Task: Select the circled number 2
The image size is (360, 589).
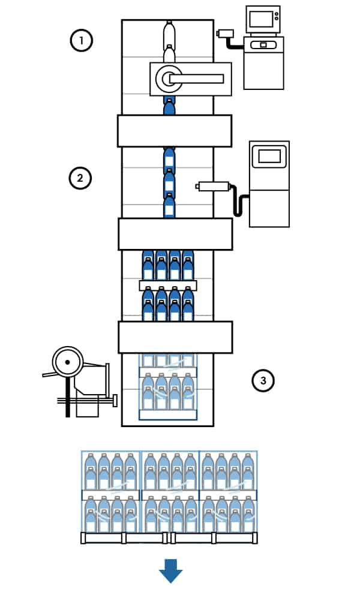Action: pyautogui.click(x=80, y=178)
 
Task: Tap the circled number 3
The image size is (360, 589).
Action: pyautogui.click(x=262, y=380)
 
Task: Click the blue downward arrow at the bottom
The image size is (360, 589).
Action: pyautogui.click(x=170, y=571)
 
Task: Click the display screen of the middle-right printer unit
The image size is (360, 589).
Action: pyautogui.click(x=269, y=157)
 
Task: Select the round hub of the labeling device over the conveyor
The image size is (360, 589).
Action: pyautogui.click(x=166, y=78)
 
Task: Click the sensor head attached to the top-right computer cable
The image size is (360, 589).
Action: pyautogui.click(x=226, y=34)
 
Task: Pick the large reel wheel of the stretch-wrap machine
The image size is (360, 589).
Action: pyautogui.click(x=67, y=362)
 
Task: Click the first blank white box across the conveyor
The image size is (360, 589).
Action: pyautogui.click(x=174, y=131)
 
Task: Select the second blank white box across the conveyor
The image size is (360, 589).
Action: pyautogui.click(x=175, y=234)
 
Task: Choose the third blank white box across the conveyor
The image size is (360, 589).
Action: pyautogui.click(x=175, y=337)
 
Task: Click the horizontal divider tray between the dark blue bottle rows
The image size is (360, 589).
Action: pyautogui.click(x=168, y=286)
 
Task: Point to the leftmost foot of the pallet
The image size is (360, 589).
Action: pyautogui.click(x=83, y=538)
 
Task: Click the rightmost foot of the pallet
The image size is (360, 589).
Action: pyautogui.click(x=254, y=538)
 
